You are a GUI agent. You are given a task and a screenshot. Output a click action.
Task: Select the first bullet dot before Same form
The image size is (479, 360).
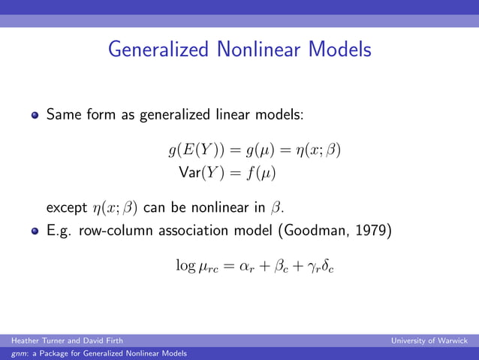click(35, 116)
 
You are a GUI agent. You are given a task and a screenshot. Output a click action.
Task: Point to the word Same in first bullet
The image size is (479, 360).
click(63, 116)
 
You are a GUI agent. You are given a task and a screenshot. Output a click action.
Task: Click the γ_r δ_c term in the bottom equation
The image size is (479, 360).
click(318, 267)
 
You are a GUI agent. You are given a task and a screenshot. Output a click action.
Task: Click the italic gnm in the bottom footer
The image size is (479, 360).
click(12, 353)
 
